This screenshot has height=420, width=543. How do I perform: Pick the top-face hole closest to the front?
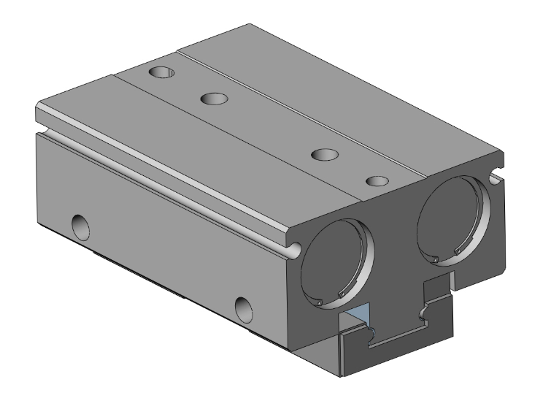tap(377, 180)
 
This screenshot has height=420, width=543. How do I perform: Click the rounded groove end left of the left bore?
tap(294, 250)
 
